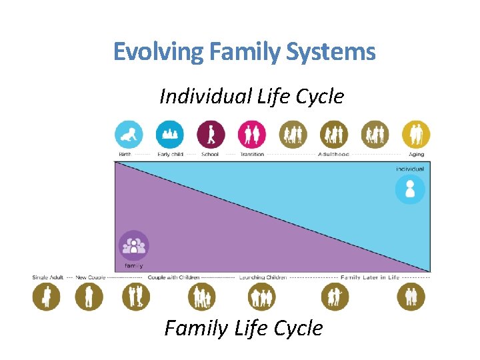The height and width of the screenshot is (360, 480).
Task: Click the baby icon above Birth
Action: pos(129,134)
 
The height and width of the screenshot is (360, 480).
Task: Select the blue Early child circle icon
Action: pos(170,134)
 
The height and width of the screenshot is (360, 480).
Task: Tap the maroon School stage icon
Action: pos(211,134)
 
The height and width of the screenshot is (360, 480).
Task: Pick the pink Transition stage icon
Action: pos(252,134)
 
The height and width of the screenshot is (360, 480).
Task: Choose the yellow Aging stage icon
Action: pos(416,134)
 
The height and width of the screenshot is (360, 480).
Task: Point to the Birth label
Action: pos(125,155)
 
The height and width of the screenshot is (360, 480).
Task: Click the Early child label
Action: pos(170,155)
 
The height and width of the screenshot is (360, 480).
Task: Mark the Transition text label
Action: pos(252,155)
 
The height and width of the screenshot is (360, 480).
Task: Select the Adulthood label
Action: pos(333,155)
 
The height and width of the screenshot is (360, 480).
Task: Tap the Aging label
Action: pos(415,155)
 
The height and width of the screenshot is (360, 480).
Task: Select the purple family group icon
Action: pos(133,246)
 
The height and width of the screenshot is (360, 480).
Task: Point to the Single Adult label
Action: pos(47,277)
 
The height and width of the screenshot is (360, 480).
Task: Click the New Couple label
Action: pos(90,277)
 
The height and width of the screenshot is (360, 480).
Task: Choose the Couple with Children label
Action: pos(173,277)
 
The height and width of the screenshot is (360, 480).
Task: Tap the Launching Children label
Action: pos(263,277)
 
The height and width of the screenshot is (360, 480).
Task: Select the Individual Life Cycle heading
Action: pos(251,97)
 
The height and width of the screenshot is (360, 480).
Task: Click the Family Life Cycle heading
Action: pos(243,328)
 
